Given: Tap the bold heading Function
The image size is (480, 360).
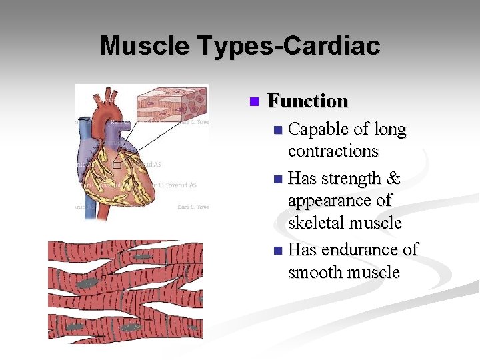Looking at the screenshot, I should click(x=307, y=101).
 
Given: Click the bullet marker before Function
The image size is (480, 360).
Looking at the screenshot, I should click(x=253, y=102).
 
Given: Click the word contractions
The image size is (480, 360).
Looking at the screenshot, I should click(x=333, y=151).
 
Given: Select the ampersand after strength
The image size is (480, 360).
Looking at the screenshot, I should click(x=393, y=179).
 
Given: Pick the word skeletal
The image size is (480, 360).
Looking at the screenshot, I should click(x=315, y=223).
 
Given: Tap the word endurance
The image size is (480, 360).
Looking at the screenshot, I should click(x=361, y=250).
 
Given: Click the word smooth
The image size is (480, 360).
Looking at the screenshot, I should click(x=315, y=273).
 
